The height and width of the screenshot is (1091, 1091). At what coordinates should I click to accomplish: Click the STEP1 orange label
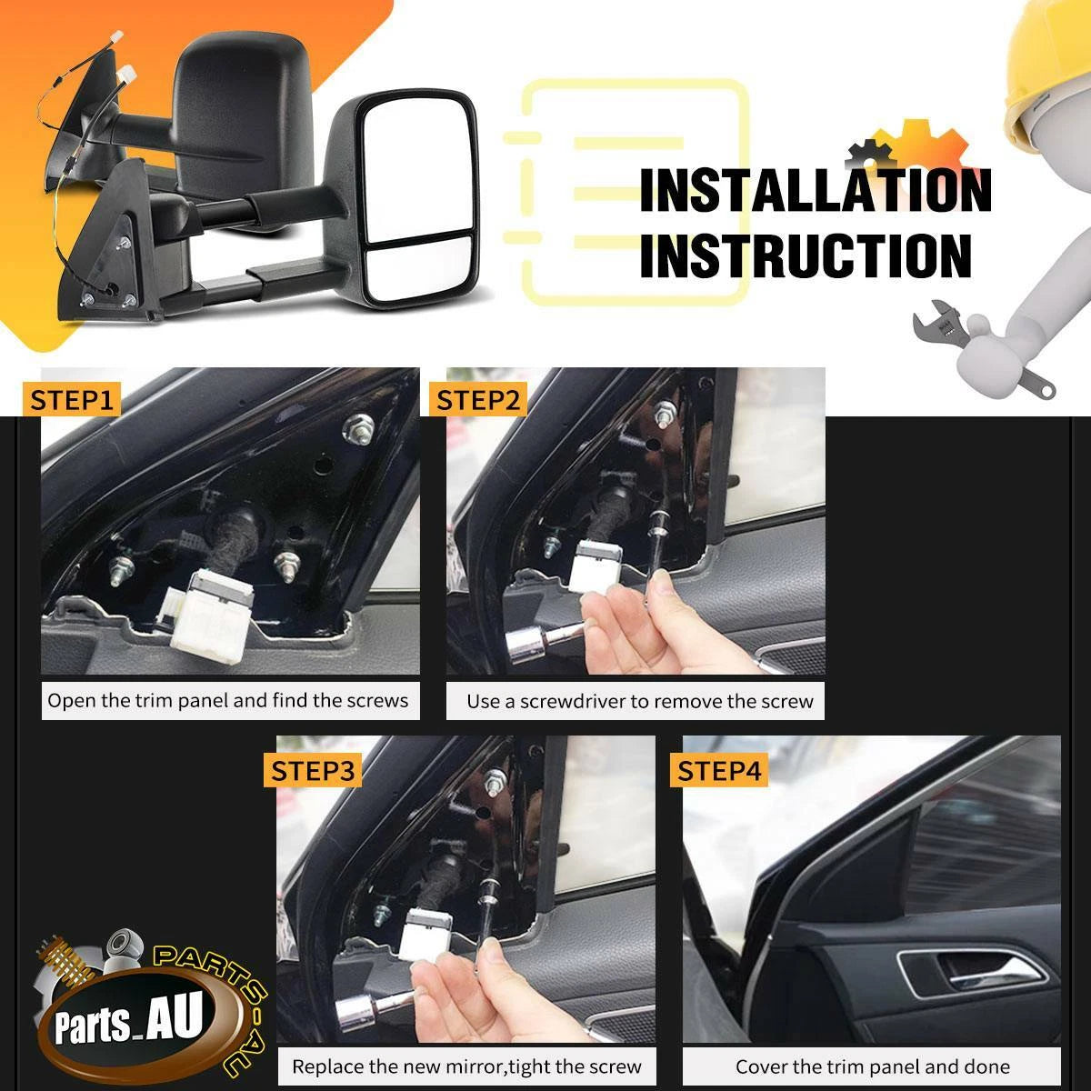pos(71,400)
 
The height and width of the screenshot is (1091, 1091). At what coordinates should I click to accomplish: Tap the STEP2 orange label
pos(478,400)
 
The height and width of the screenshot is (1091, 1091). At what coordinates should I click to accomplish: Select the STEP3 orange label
pos(313,771)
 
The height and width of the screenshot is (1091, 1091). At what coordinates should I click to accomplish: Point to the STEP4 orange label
pos(719,771)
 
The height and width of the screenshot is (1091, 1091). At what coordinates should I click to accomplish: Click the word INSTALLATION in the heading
pos(816,190)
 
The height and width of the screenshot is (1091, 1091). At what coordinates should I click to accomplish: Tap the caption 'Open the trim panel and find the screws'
pos(227,701)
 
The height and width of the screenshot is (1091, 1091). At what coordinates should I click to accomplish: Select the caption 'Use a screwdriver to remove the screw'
pos(640,702)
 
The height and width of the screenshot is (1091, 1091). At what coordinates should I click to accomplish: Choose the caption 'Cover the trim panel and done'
pos(873,1066)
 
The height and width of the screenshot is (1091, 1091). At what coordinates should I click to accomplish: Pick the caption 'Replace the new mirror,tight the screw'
pos(466,1066)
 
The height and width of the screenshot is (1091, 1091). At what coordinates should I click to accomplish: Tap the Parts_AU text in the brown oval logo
pos(128,1021)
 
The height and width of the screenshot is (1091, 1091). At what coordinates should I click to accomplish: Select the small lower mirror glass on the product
pos(420,269)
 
